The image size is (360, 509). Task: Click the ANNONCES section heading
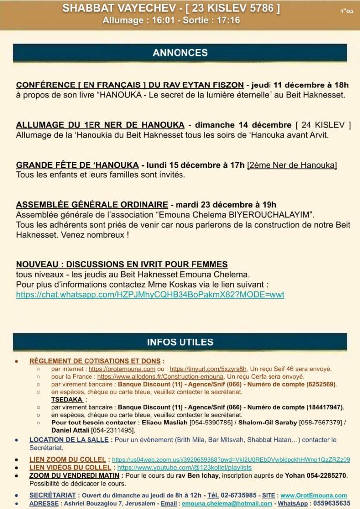click(180, 53)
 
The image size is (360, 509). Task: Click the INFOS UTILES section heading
click(180, 342)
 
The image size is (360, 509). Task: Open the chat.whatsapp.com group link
click(150, 295)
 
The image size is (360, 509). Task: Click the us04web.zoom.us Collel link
click(231, 460)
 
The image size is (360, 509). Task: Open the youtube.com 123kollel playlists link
click(184, 468)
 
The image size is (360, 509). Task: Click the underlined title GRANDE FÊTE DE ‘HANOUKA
click(78, 165)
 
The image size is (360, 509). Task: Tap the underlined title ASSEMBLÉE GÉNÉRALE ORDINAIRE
click(92, 205)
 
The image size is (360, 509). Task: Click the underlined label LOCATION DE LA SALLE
click(69, 440)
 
